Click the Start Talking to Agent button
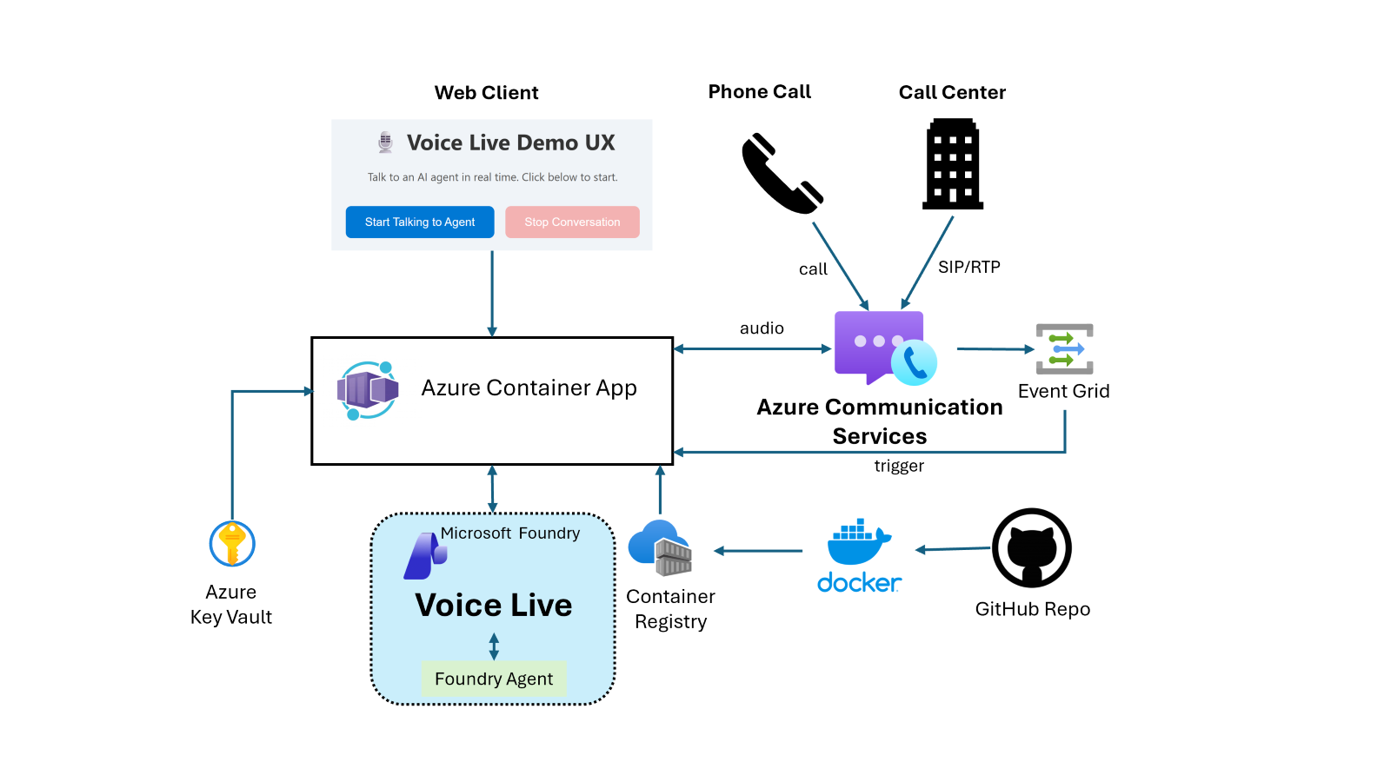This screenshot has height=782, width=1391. [x=420, y=222]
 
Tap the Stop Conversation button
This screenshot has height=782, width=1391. [x=572, y=222]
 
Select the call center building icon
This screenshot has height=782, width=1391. [x=953, y=164]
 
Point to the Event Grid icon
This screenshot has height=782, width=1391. [x=1064, y=349]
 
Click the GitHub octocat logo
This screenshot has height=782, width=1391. [x=1032, y=548]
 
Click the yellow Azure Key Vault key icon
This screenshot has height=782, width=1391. [x=232, y=544]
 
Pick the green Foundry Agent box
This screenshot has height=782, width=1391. [x=494, y=679]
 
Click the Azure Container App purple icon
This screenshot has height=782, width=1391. [x=368, y=390]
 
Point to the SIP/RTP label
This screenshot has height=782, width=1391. [x=969, y=268]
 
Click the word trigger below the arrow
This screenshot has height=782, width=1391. [x=899, y=466]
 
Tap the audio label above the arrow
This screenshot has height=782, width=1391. [x=762, y=328]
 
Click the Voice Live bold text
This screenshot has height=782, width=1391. [x=494, y=605]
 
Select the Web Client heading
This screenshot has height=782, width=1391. [x=486, y=93]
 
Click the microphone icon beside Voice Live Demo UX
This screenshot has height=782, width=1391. [x=385, y=142]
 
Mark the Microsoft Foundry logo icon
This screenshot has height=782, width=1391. [x=424, y=556]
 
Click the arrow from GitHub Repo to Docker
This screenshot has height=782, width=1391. [x=954, y=549]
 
